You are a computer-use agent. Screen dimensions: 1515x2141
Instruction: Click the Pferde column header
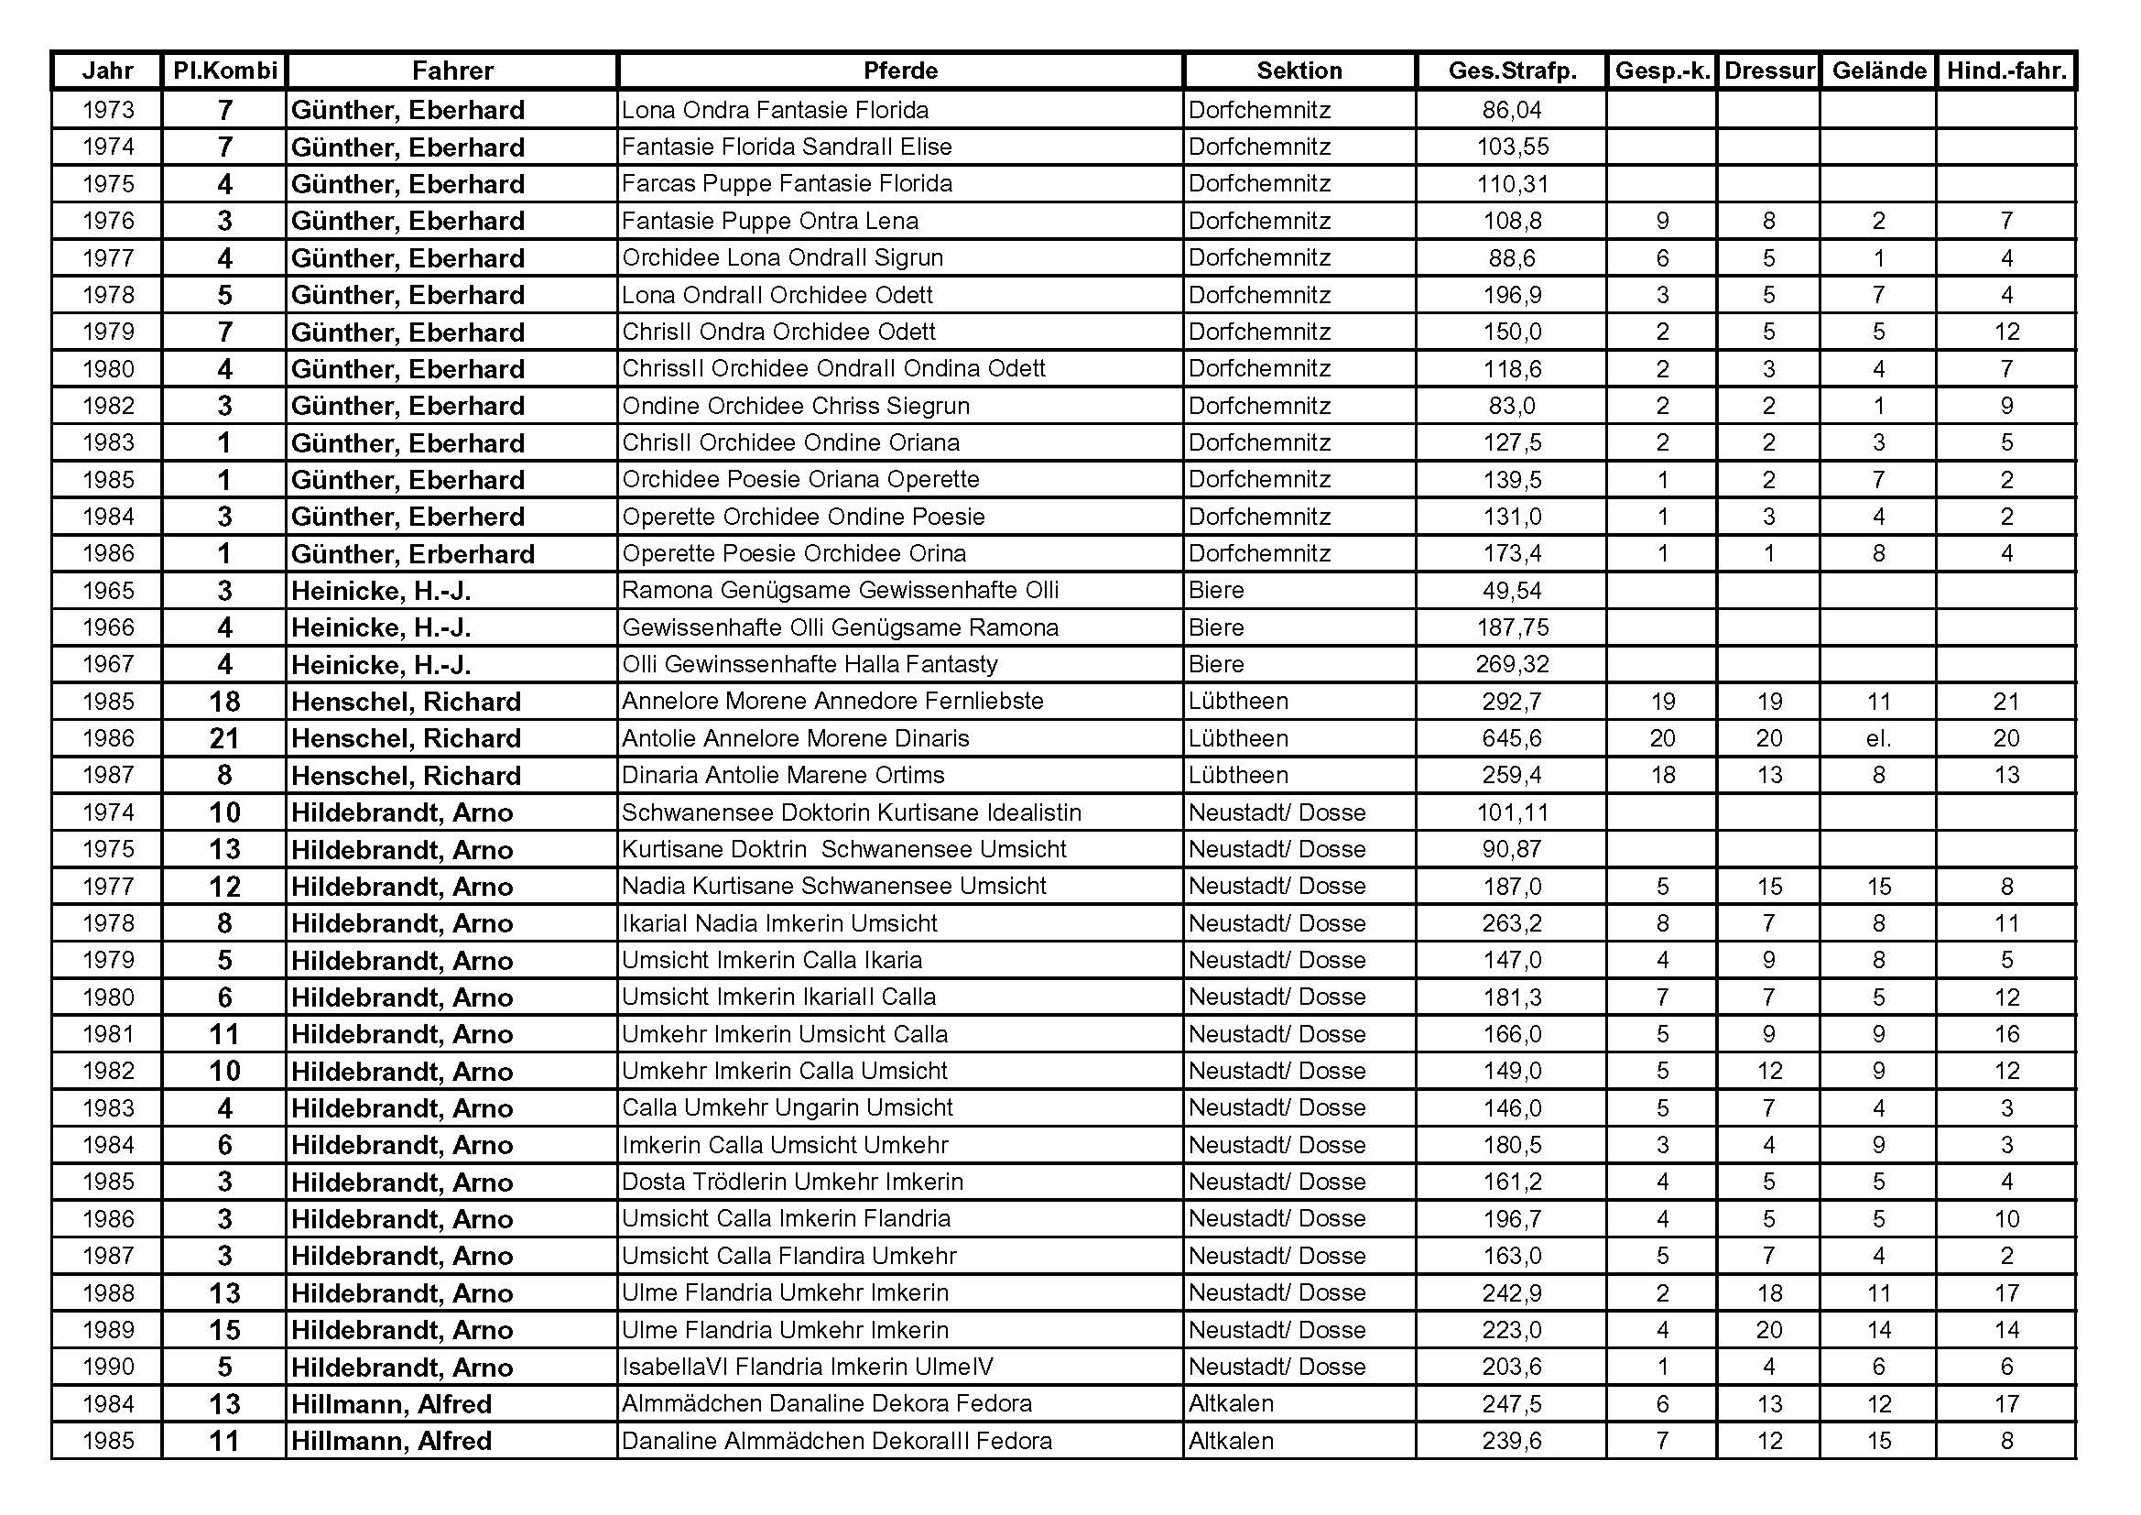[x=900, y=71]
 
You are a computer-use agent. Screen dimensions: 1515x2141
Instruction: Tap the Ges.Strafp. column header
[x=1512, y=71]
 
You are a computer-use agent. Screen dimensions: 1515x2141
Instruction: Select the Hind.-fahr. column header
[x=2005, y=71]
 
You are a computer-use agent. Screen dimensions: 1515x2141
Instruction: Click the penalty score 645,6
[x=1512, y=739]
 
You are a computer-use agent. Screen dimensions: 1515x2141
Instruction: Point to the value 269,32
[x=1512, y=664]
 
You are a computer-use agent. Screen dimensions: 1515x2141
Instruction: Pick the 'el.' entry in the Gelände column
[x=1878, y=739]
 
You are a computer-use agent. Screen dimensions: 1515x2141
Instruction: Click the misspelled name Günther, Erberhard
[x=412, y=554]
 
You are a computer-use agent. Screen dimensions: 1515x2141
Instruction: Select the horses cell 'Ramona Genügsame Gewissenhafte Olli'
[x=840, y=591]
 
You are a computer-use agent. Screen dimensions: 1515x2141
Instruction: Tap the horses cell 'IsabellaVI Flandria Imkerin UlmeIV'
[x=808, y=1368]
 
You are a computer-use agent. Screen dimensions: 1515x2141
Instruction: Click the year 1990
[x=108, y=1368]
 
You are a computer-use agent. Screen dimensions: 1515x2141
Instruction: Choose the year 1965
[x=108, y=591]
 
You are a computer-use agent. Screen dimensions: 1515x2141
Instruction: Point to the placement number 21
[x=224, y=739]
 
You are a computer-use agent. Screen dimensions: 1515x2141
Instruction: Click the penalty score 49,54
[x=1512, y=591]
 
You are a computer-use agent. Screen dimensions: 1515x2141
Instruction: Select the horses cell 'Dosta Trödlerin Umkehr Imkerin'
[x=793, y=1182]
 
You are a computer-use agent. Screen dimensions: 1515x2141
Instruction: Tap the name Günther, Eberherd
[x=408, y=517]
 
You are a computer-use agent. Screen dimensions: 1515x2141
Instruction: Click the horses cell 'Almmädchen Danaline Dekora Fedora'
[x=827, y=1404]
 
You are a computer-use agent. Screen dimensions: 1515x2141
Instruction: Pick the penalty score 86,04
[x=1512, y=110]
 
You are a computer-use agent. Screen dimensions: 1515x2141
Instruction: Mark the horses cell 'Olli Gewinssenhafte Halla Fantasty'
[x=810, y=664]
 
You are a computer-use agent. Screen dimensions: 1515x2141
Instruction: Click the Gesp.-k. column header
[x=1662, y=71]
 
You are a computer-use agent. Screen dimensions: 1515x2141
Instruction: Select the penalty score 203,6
[x=1512, y=1368]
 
